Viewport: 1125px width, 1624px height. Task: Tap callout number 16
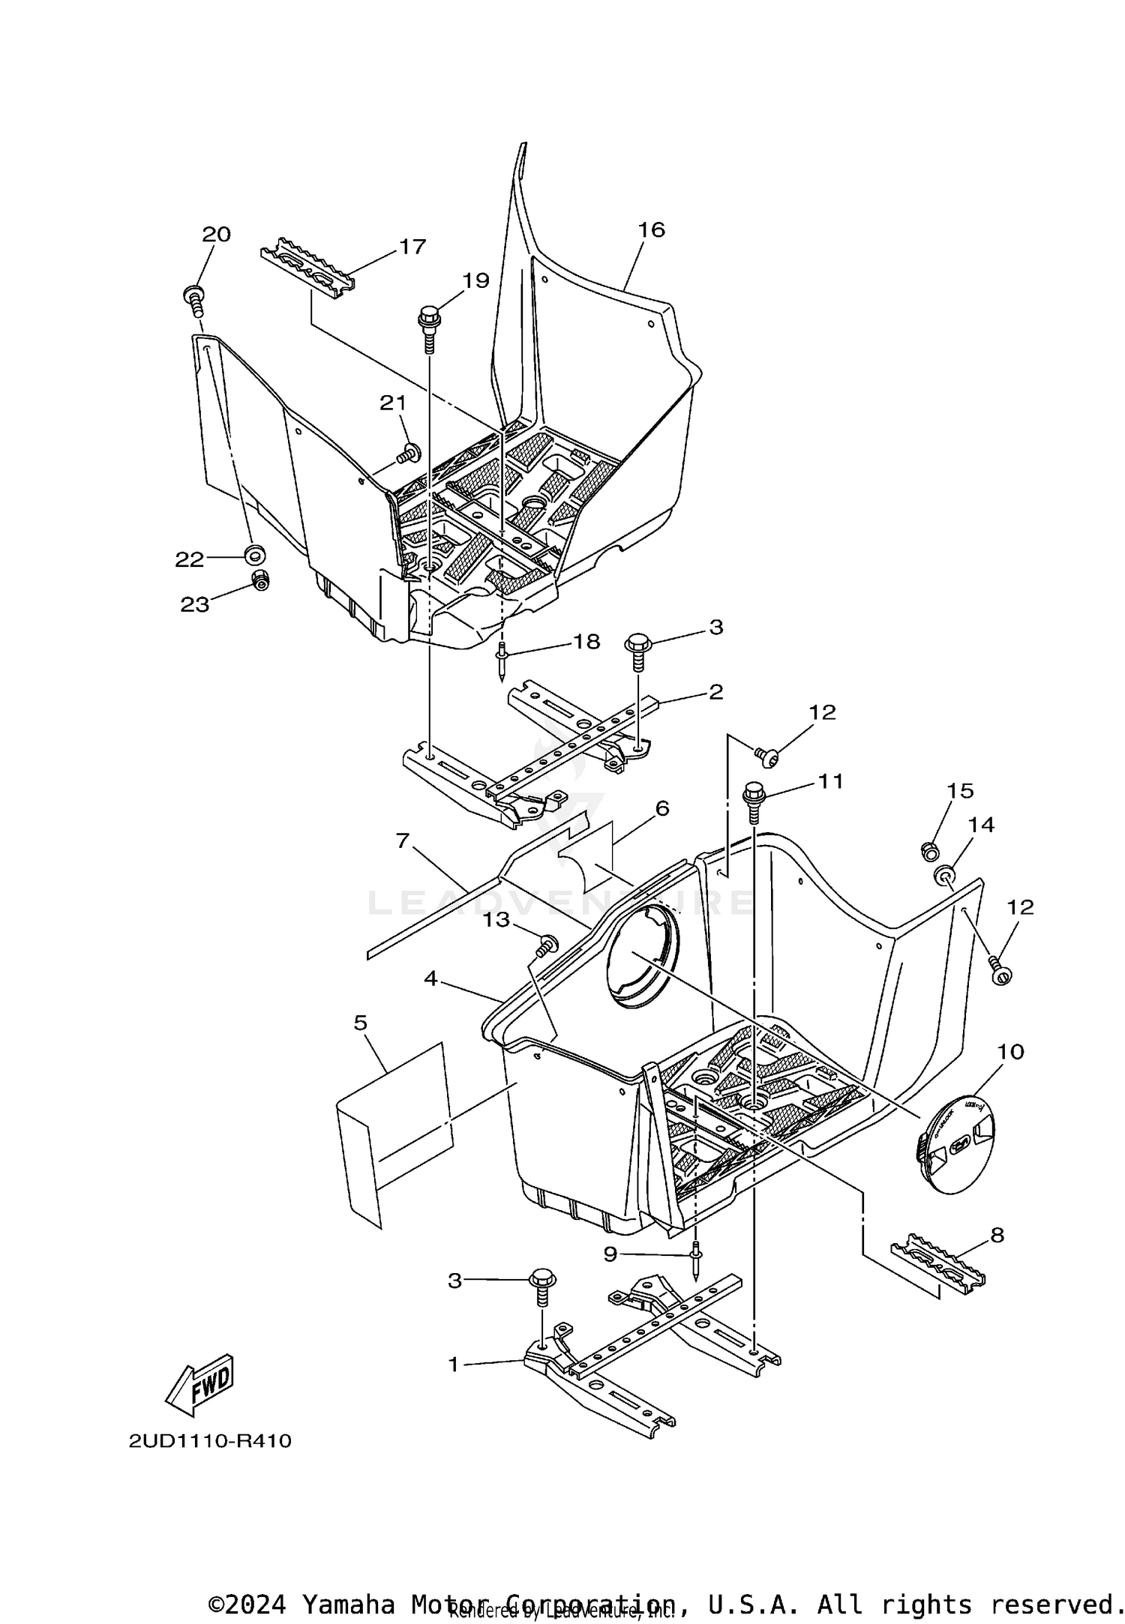click(651, 229)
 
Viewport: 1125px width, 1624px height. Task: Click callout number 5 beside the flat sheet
click(361, 1022)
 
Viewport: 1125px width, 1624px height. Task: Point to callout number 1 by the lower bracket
click(453, 1365)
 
